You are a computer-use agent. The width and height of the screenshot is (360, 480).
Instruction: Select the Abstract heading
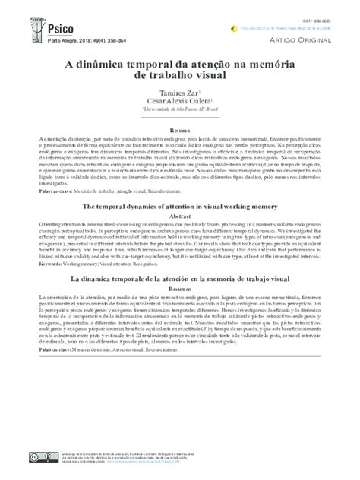(x=180, y=216)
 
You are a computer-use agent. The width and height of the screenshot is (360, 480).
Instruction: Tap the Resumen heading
(x=180, y=289)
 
